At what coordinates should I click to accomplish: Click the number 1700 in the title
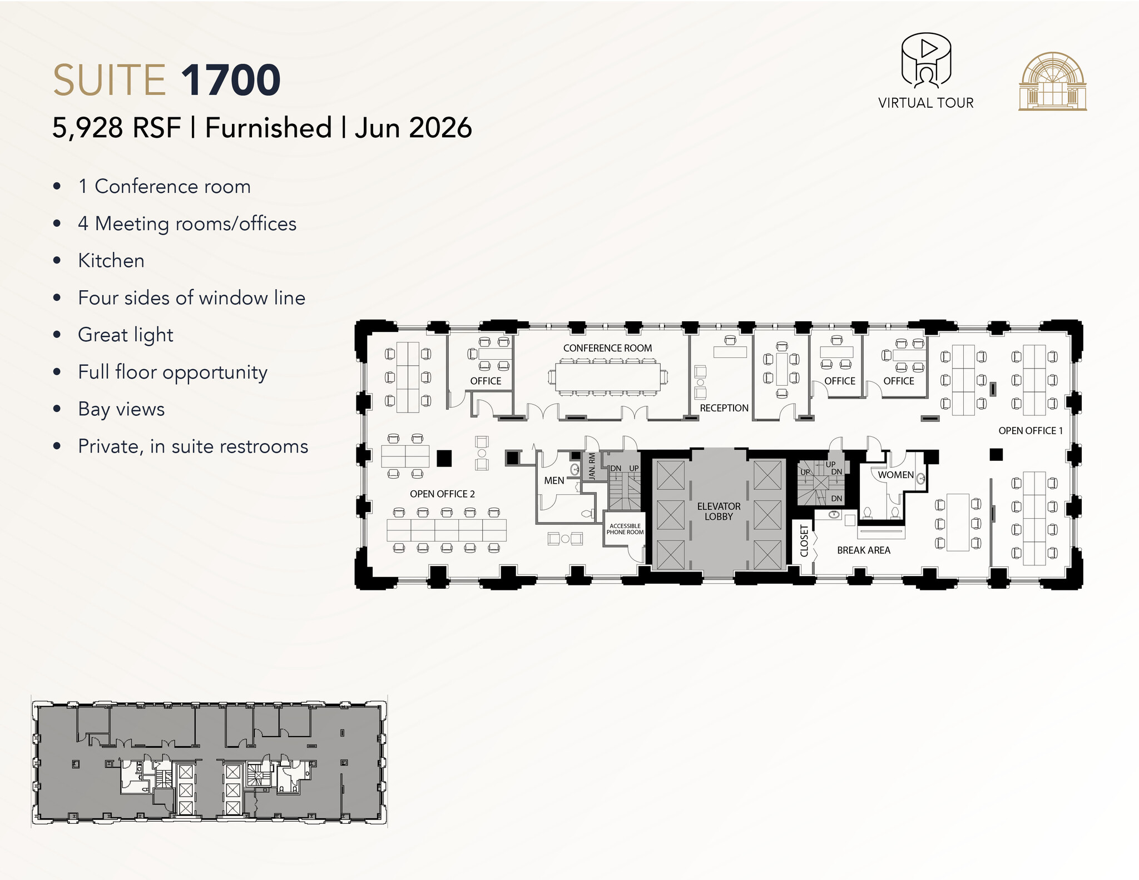tap(231, 81)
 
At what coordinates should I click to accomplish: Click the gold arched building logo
tap(1052, 82)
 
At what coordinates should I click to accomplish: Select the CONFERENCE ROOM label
tap(607, 348)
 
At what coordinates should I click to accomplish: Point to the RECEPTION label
tap(724, 408)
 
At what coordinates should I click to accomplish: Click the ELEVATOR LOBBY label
tap(719, 511)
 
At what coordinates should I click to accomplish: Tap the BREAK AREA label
tap(863, 550)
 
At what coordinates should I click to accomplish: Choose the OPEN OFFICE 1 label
tap(1030, 431)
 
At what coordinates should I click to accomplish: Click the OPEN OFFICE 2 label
tap(442, 494)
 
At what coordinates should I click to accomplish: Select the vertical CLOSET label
tap(804, 540)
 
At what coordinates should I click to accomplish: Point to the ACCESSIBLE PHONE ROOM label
tap(625, 529)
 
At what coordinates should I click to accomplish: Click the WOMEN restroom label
tap(895, 475)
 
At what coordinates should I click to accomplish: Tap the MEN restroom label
tap(554, 481)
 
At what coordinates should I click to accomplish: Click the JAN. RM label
tap(592, 466)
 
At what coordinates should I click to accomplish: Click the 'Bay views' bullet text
tap(121, 409)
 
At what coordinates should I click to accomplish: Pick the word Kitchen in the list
tap(111, 261)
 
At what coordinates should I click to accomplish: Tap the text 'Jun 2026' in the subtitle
tap(413, 128)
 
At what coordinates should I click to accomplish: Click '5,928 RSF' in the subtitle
tap(117, 128)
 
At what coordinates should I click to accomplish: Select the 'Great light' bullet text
tap(126, 335)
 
